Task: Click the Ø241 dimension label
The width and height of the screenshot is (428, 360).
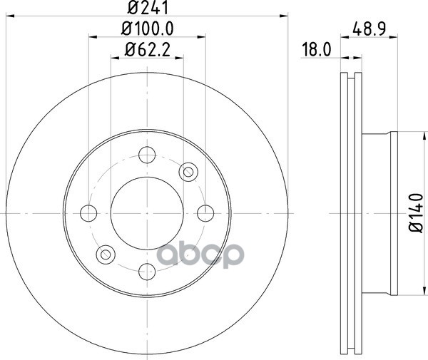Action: coord(148,7)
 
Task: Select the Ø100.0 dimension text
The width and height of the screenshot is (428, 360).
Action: coord(148,29)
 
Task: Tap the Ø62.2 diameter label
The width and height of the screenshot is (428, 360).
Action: coord(148,50)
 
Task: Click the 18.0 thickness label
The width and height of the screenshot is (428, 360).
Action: coord(317,50)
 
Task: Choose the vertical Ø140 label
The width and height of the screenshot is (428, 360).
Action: coord(416,212)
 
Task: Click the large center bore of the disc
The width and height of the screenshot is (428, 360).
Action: coord(147,213)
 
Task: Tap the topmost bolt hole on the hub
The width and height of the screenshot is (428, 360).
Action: coord(147,155)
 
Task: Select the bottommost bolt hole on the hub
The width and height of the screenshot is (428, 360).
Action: coord(147,272)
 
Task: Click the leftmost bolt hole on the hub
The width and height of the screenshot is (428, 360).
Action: coord(88,213)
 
